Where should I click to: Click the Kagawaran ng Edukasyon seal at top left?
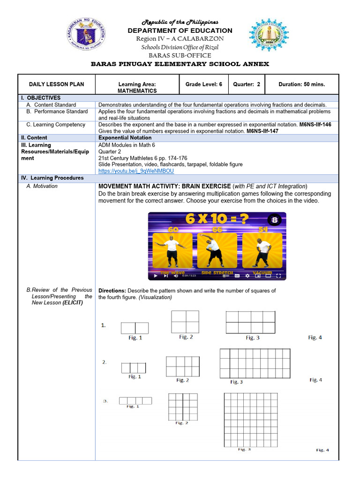point(87,35)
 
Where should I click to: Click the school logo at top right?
point(269,35)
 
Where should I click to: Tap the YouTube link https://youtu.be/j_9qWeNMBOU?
point(136,172)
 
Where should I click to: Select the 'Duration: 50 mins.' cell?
point(301,84)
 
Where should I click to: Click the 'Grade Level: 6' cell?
point(204,84)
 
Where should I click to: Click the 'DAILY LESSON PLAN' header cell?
point(57,84)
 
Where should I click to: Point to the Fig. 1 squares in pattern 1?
point(135,328)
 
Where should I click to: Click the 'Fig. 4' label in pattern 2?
point(315,380)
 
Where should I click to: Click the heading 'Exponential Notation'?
point(125,138)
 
